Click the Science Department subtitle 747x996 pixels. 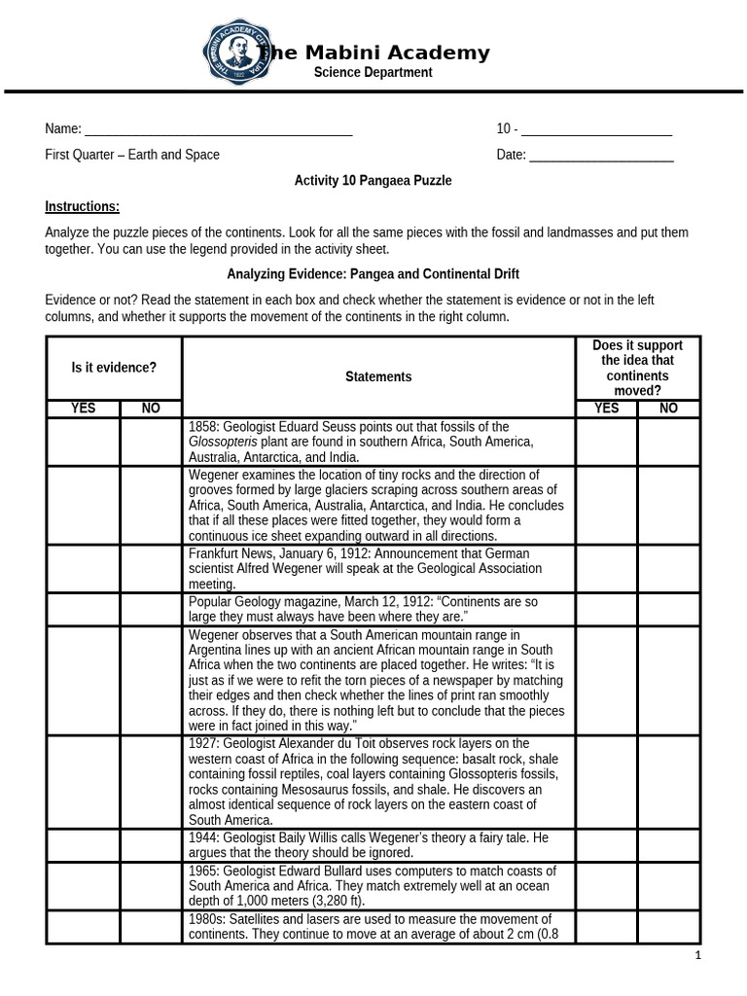(373, 73)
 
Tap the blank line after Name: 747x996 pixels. (219, 130)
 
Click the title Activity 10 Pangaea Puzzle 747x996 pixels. (373, 181)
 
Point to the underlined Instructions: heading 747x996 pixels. (83, 206)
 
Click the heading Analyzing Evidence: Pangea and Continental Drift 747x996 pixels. (373, 274)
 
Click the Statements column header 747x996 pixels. (377, 376)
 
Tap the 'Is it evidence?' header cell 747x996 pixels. (114, 368)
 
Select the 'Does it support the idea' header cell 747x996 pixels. (637, 368)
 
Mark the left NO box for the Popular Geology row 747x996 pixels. (151, 609)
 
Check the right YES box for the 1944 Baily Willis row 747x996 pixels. (605, 844)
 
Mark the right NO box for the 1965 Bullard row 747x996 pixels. (668, 886)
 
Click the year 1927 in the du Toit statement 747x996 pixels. (204, 743)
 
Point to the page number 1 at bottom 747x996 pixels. (697, 956)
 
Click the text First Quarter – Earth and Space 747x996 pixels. (132, 155)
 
